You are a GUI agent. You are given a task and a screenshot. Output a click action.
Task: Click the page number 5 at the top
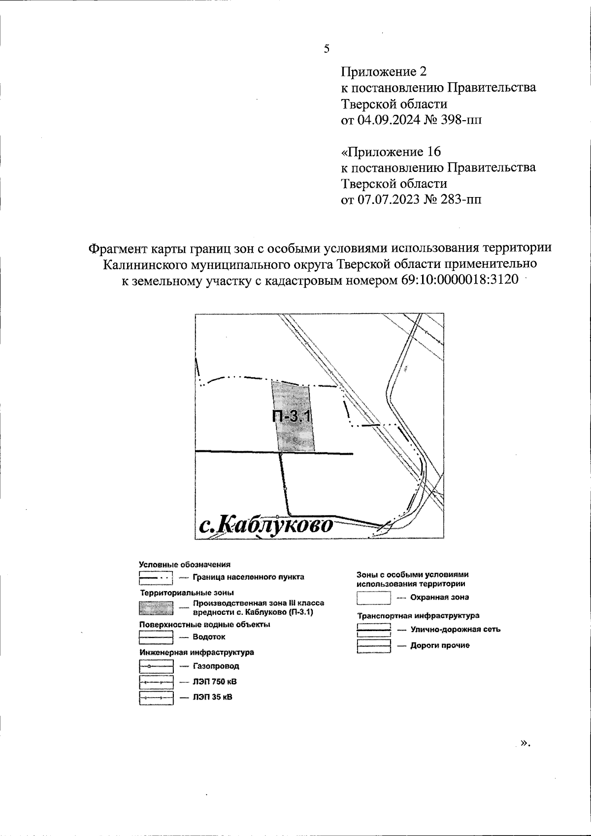[x=327, y=49]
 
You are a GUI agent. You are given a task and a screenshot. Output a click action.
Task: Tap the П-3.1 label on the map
[x=292, y=416]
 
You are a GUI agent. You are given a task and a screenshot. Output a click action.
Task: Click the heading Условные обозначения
[x=185, y=565]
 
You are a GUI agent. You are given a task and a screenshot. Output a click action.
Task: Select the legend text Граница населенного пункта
[x=249, y=577]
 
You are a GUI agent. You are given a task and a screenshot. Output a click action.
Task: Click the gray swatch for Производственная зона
[x=156, y=608]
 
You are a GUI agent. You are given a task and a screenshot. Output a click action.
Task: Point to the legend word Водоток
[x=209, y=637]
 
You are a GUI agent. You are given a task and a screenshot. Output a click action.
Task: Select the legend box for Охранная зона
[x=373, y=598]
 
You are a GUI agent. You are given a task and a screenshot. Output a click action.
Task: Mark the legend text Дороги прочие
[x=440, y=645]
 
